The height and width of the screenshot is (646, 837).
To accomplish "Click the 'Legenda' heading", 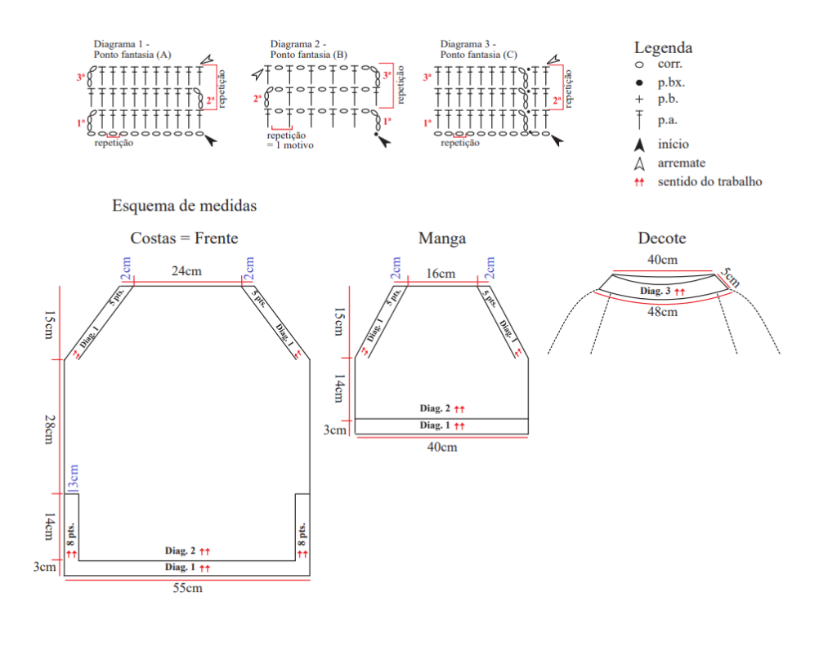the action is [x=663, y=48].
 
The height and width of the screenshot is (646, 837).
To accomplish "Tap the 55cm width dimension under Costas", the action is [x=187, y=588].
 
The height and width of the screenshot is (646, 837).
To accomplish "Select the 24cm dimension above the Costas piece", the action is [x=186, y=271].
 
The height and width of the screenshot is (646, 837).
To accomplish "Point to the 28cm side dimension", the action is [x=48, y=429].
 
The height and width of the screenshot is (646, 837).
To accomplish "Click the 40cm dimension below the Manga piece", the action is [x=442, y=447].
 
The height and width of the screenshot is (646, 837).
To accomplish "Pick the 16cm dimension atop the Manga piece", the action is [x=441, y=274].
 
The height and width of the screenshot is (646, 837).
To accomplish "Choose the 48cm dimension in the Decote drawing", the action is [x=662, y=311].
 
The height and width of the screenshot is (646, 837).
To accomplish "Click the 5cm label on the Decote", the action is [x=730, y=278].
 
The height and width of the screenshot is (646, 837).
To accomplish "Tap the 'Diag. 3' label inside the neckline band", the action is [x=655, y=291].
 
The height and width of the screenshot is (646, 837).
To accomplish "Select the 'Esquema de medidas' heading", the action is [x=184, y=205].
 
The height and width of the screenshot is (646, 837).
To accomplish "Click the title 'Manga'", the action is [x=442, y=238].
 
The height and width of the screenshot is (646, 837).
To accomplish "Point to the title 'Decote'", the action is [x=662, y=238].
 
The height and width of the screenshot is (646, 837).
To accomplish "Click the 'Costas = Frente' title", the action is [x=184, y=238].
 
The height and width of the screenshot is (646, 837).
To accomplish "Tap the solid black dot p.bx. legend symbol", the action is [x=639, y=82].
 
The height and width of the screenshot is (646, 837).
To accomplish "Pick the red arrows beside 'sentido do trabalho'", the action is [x=639, y=182].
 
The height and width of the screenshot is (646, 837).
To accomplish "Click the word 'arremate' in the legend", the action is [x=681, y=163].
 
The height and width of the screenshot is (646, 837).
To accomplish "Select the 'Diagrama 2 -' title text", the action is [x=298, y=44].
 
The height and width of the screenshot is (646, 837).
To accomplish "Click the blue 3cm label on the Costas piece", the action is [x=73, y=477].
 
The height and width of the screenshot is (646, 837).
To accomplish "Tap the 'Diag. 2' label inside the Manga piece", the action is [x=435, y=408].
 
